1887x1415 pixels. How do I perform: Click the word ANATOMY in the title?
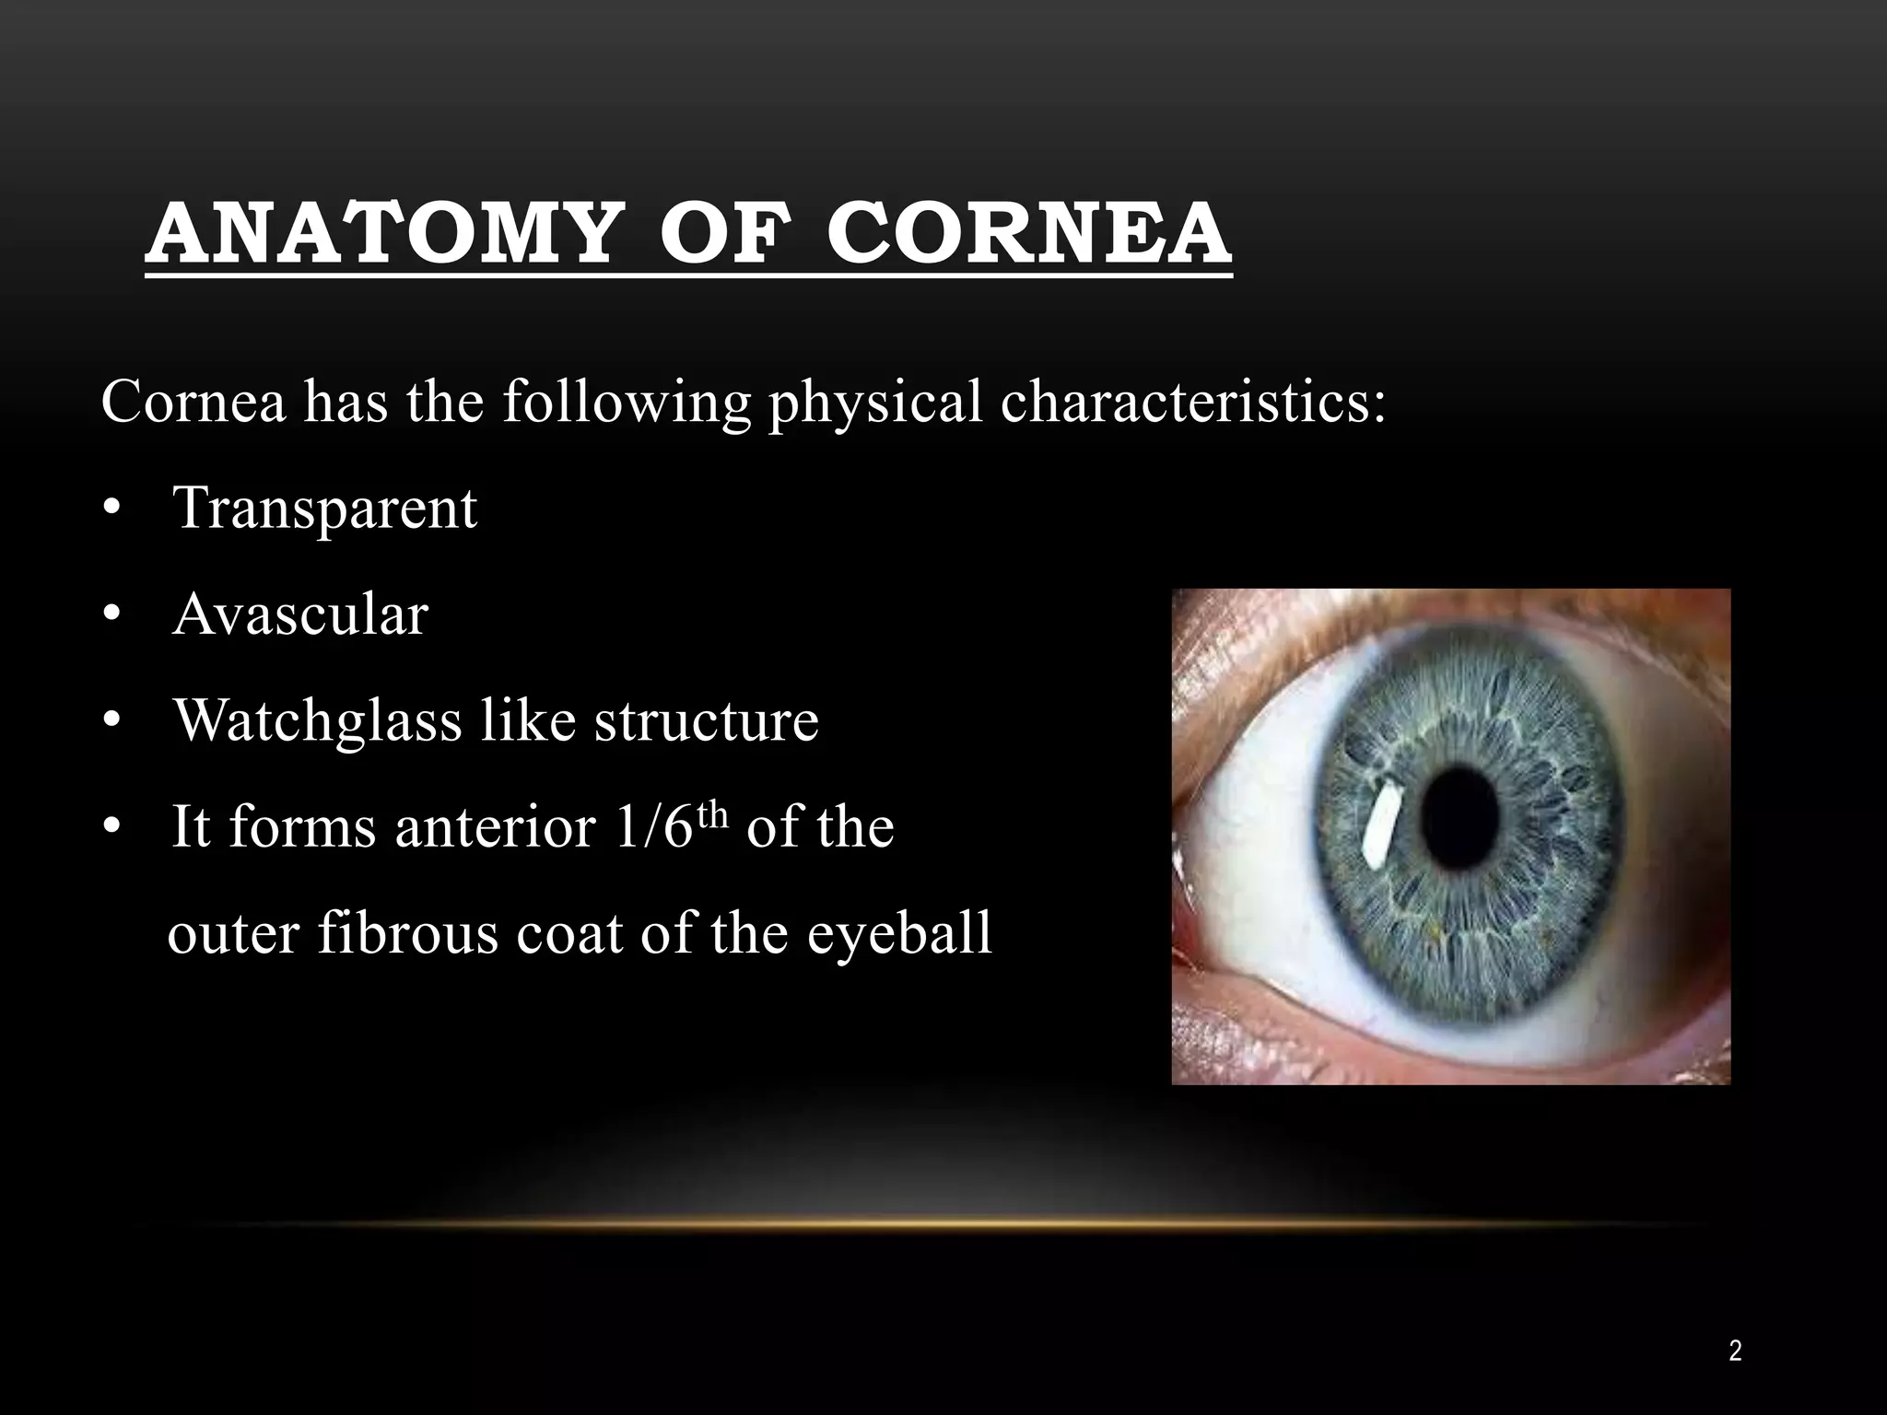tap(379, 234)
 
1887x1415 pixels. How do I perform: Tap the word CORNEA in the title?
tap(1028, 234)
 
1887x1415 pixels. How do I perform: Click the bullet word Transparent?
tap(325, 509)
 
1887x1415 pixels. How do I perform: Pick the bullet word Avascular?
tap(300, 614)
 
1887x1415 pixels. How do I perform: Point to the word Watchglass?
tap(318, 720)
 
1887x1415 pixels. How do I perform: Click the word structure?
tap(707, 720)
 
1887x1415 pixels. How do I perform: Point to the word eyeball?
tap(900, 934)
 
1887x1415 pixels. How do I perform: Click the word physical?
tap(876, 403)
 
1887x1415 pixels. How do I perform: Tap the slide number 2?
tap(1735, 1351)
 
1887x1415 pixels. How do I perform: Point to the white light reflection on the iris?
tap(1379, 832)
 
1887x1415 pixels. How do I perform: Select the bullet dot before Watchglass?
tap(111, 722)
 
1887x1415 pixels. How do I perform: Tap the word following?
tap(627, 403)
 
